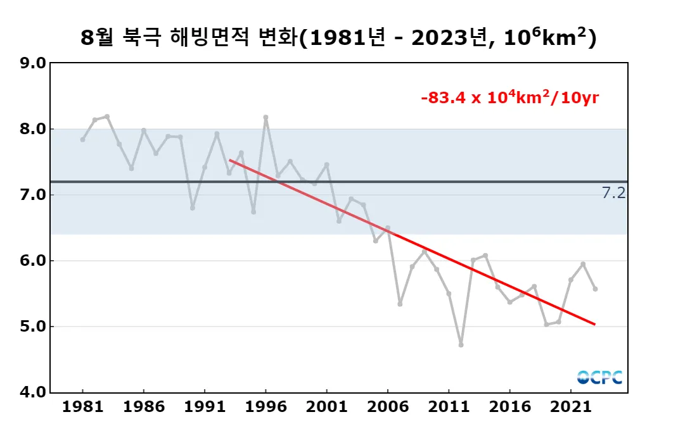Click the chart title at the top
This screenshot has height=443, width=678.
coord(338,38)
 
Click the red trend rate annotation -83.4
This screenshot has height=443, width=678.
coord(510,98)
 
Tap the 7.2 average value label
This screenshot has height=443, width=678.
coord(613,194)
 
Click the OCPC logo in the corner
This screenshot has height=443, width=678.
coord(599,377)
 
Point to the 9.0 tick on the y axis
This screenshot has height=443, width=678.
coord(33,63)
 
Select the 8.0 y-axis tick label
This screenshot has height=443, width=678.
coord(33,129)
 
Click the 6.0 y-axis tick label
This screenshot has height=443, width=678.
coord(33,261)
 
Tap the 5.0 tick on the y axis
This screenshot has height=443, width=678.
coord(33,327)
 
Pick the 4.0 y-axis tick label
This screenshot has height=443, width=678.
coord(33,392)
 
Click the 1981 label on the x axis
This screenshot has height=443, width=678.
coord(83,407)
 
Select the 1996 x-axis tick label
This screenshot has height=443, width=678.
coord(265,407)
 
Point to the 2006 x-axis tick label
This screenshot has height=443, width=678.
coord(388,407)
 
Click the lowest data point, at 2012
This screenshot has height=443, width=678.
coord(461,345)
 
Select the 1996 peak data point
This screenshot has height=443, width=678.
coord(265,117)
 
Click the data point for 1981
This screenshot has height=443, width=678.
coord(83,139)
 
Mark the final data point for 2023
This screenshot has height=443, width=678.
coord(595,289)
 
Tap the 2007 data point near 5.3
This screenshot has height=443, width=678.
coord(400,304)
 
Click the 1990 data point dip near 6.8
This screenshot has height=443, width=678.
coord(193,208)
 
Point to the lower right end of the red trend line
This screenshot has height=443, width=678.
coord(594,325)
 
